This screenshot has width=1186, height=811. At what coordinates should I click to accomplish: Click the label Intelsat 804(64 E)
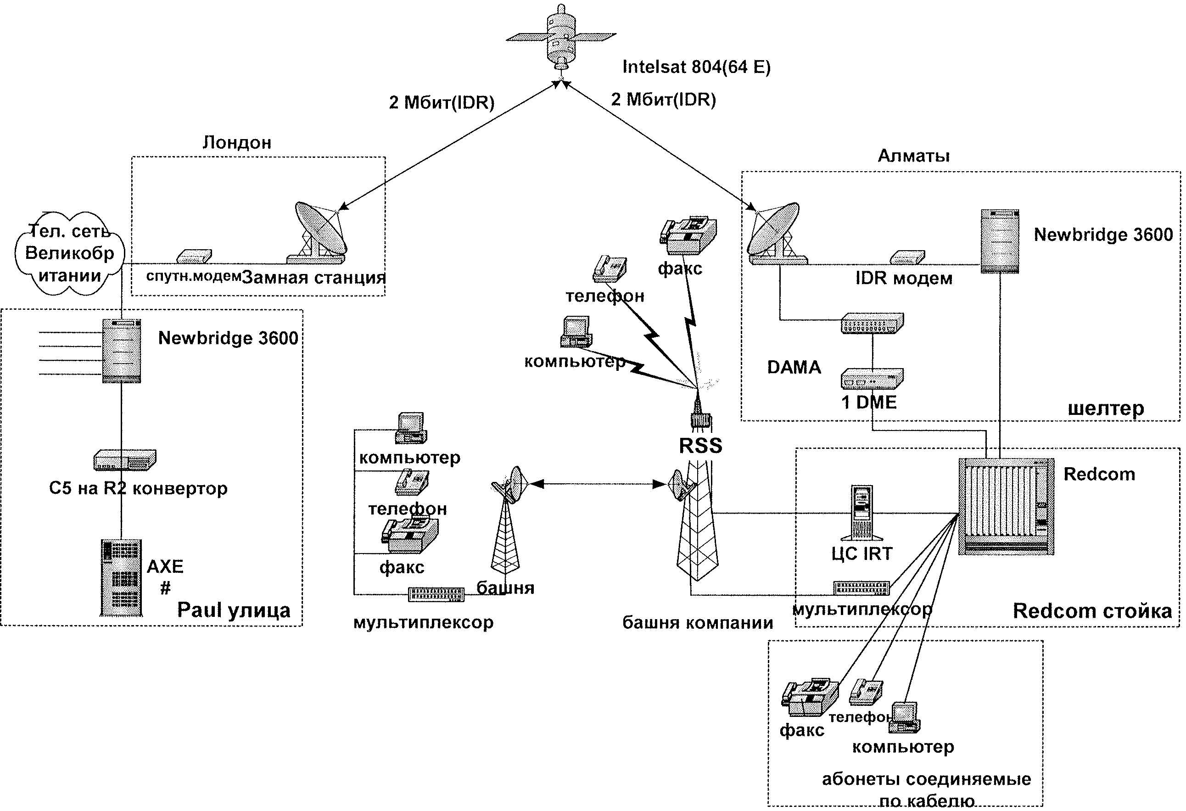696,67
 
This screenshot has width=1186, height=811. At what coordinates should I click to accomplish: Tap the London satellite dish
319,233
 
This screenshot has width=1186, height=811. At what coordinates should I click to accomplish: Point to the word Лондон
237,142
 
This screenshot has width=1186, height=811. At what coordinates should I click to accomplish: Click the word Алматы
913,156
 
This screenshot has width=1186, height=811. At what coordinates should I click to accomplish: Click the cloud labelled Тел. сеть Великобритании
69,253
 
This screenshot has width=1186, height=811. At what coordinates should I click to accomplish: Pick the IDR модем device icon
907,257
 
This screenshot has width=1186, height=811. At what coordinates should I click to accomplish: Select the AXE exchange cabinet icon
122,577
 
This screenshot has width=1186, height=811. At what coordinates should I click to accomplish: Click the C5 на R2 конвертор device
125,460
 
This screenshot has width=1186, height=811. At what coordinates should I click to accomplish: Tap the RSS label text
700,446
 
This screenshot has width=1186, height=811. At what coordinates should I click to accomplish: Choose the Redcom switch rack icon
1005,506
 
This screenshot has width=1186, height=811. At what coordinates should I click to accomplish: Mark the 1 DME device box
872,378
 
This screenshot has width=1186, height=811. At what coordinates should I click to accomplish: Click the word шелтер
1105,408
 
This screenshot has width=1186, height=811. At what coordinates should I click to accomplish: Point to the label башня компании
697,623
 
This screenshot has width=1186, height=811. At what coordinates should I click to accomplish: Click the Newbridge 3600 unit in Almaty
1000,241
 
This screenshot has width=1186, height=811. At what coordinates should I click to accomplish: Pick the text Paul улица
233,610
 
